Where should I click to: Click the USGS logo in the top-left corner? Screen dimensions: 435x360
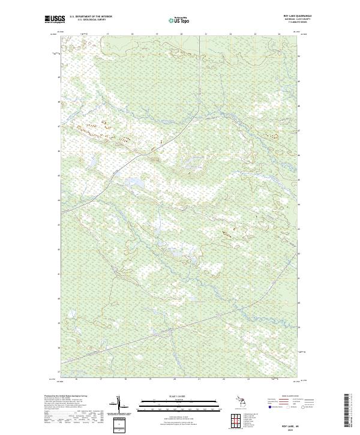[55, 19]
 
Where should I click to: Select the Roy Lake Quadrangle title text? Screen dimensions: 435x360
[301, 16]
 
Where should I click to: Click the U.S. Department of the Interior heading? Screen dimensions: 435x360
[91, 17]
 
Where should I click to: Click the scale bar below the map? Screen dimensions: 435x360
[179, 405]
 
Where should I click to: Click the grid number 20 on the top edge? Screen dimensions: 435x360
[181, 35]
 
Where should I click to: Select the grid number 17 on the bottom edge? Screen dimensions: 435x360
[101, 379]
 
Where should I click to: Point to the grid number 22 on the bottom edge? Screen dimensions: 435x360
[224, 379]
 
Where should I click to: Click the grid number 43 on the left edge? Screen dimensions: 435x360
[59, 224]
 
